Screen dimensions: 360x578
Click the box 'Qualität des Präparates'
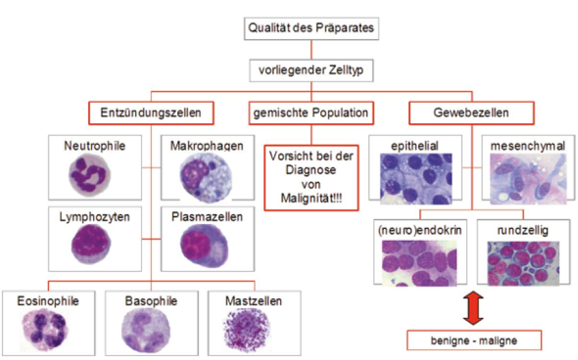[310, 28]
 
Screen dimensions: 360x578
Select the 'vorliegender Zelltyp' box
[310, 71]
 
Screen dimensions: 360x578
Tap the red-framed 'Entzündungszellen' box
[150, 113]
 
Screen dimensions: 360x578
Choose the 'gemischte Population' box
[311, 113]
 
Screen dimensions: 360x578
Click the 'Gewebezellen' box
[471, 113]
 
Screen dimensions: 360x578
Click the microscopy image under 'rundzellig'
[521, 262]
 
